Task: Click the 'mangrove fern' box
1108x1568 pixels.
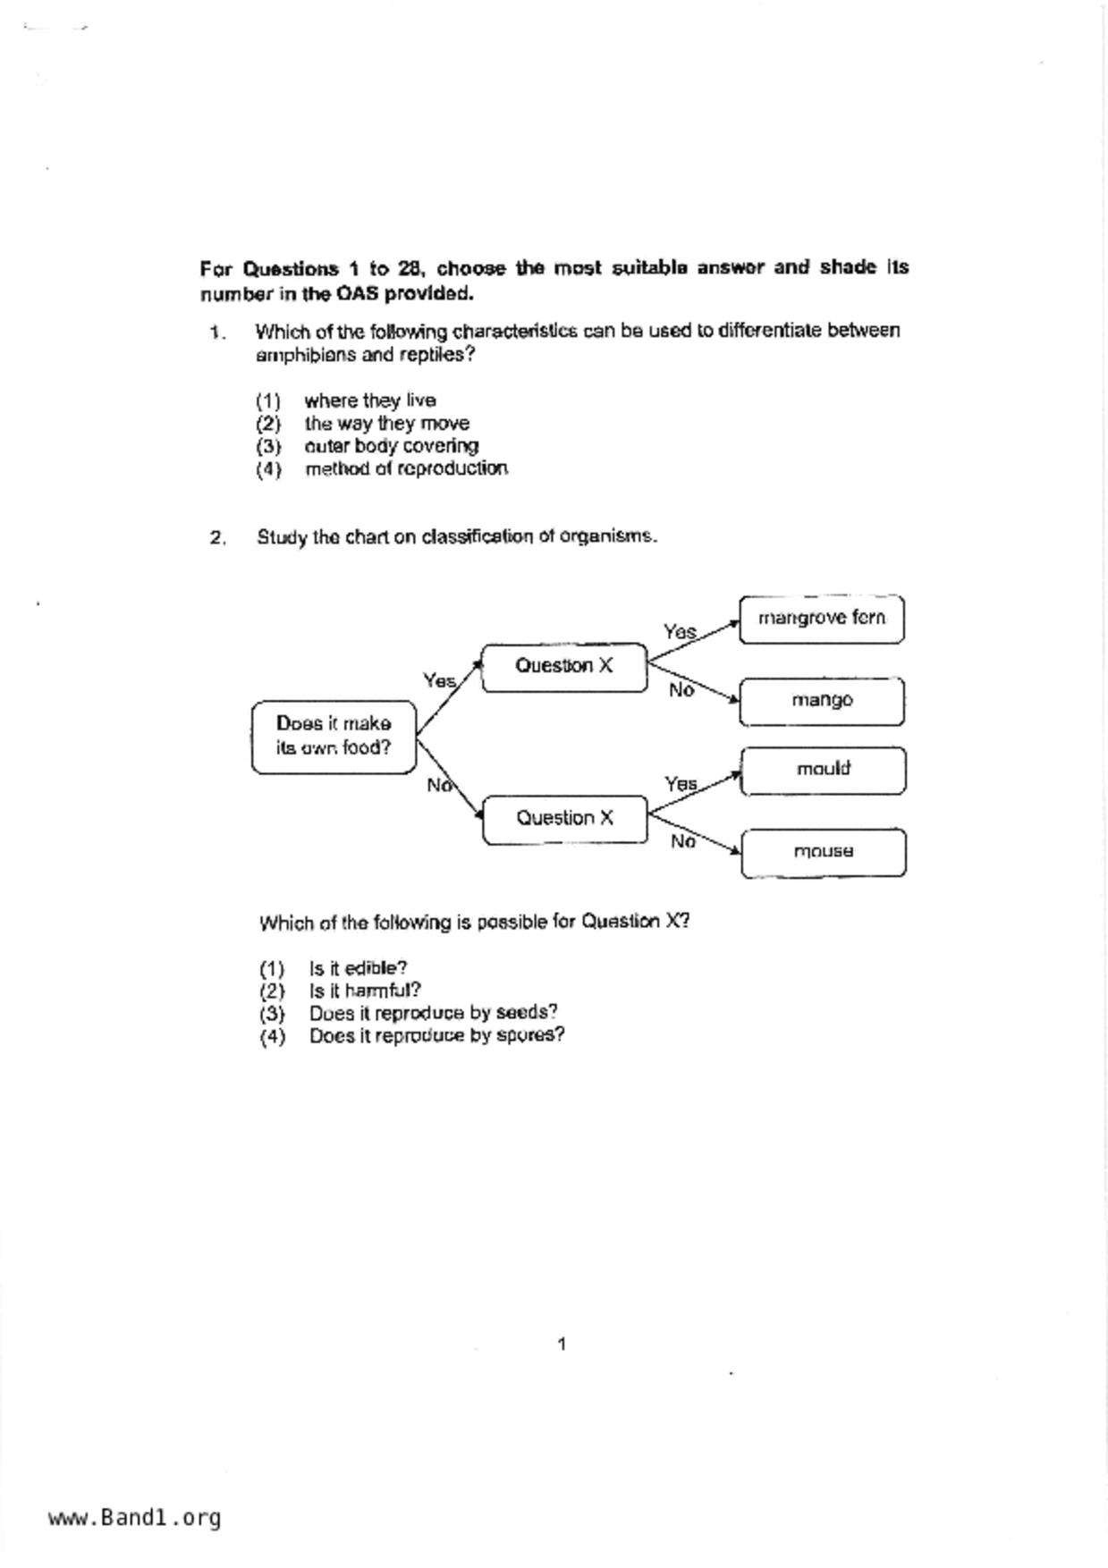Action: pos(821,619)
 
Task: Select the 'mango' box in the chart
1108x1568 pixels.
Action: pos(821,701)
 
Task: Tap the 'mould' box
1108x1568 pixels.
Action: pos(823,770)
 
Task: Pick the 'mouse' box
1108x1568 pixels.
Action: pos(823,852)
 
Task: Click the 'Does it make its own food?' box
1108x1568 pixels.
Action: pos(334,737)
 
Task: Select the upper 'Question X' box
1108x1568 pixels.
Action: pos(563,667)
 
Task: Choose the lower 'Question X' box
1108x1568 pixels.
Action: pos(564,819)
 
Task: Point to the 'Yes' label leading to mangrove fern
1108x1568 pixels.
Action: pos(680,632)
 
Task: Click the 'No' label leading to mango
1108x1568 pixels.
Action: pos(681,690)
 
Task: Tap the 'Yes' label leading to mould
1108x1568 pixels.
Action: pos(681,784)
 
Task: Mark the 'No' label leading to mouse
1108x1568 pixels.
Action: pos(682,842)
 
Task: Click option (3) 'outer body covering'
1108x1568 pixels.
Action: pos(391,446)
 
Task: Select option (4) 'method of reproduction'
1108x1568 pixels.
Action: pos(406,469)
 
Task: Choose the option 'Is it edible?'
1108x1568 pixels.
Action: pos(358,969)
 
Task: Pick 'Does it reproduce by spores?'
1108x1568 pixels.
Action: pos(436,1036)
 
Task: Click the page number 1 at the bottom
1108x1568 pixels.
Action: pos(562,1345)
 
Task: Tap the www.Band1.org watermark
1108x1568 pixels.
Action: pos(134,1518)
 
